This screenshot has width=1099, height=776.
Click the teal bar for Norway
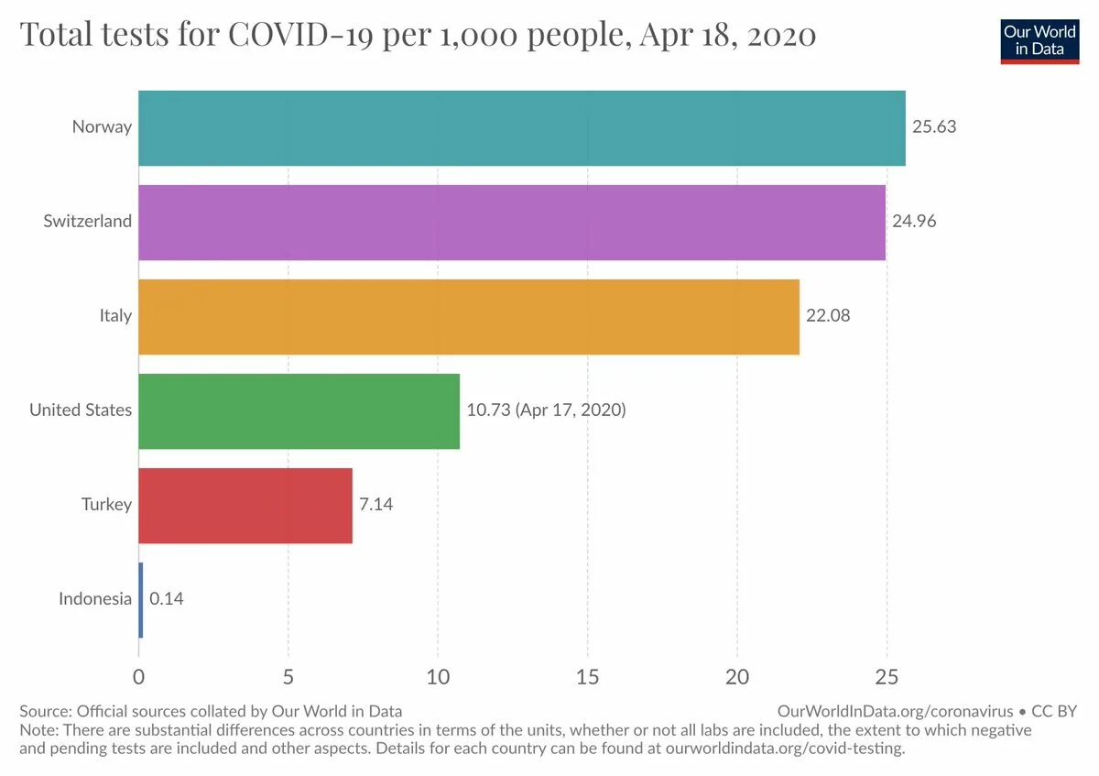click(522, 127)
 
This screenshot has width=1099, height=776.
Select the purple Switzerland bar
click(512, 222)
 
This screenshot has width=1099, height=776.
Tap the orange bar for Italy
click(469, 316)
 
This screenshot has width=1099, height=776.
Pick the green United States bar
click(299, 410)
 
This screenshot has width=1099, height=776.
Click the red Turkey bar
click(245, 505)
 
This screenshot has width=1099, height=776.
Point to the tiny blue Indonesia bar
click(141, 599)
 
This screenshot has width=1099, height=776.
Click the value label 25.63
click(933, 127)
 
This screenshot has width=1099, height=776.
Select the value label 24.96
click(914, 222)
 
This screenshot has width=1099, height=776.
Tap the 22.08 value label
click(828, 316)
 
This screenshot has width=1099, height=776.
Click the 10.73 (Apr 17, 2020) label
click(546, 410)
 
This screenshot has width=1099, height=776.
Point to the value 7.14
click(375, 505)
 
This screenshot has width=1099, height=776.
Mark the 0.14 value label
click(167, 599)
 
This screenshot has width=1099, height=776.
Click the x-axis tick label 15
click(587, 677)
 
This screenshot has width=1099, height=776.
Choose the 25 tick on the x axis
click(887, 677)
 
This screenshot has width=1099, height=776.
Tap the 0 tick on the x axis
click(138, 677)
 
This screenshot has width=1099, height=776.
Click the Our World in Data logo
click(1039, 39)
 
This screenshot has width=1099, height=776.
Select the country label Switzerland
click(88, 222)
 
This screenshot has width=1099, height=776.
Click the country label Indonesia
click(95, 599)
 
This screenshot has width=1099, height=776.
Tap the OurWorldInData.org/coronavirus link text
click(895, 711)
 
